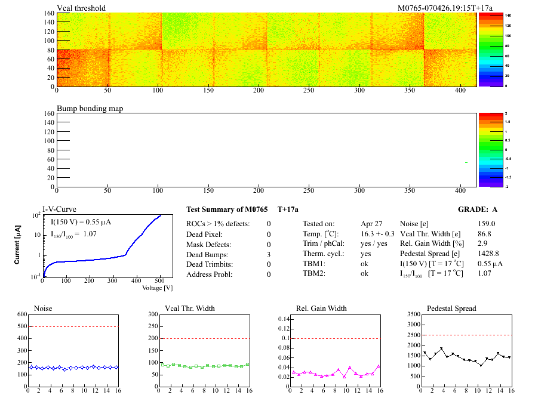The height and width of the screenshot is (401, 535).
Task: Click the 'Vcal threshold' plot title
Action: click(x=81, y=8)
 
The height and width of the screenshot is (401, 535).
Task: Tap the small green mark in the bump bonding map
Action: click(x=466, y=163)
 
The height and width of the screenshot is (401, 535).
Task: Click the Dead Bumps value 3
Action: click(x=269, y=254)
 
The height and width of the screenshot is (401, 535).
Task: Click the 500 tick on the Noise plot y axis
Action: click(x=21, y=326)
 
